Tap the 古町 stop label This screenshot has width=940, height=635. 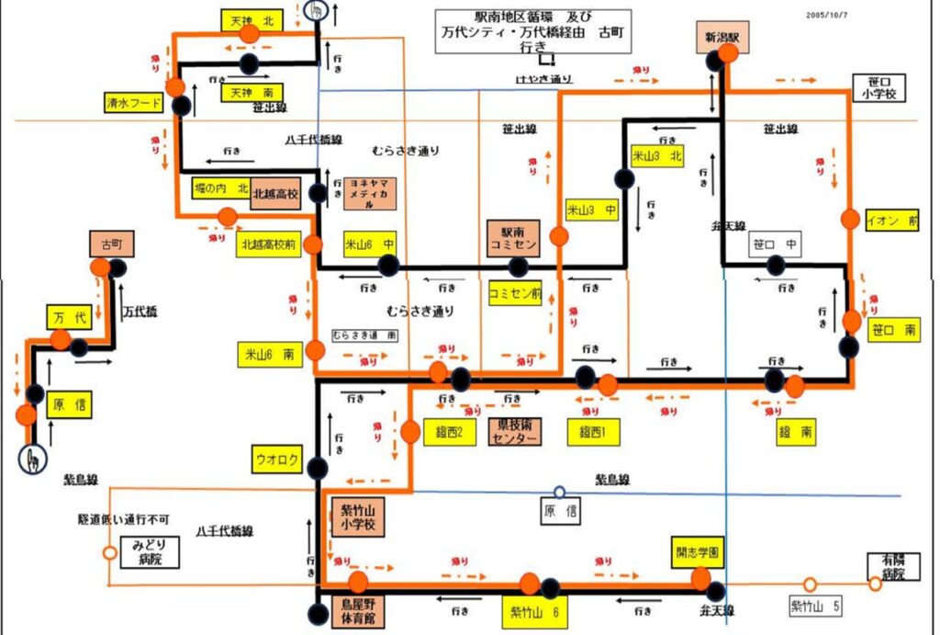pyautogui.click(x=112, y=244)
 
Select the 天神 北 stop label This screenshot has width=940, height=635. pyautogui.click(x=249, y=18)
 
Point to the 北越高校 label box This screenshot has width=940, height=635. pyautogui.click(x=275, y=193)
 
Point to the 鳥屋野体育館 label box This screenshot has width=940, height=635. pyautogui.click(x=353, y=611)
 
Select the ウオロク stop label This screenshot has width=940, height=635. pyautogui.click(x=277, y=459)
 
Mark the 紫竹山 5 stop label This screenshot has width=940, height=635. pyautogui.click(x=815, y=606)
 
